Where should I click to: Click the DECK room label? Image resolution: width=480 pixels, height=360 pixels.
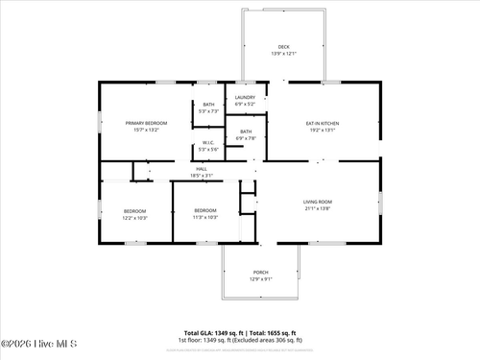283,47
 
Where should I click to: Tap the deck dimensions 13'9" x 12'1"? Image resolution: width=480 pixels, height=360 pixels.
283,55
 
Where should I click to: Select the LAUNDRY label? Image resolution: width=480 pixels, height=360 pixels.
246,98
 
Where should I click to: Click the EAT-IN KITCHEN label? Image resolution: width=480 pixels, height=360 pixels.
323,123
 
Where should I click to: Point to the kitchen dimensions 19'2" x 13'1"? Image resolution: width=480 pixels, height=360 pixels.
323,131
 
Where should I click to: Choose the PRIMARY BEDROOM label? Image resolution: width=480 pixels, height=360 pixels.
148,123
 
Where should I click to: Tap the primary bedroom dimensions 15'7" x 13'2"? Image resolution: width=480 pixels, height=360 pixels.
148,131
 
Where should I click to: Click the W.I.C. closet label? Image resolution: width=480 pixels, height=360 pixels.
208,143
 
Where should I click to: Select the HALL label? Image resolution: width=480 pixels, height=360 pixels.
202,169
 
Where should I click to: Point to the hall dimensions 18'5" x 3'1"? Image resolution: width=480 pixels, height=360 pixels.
202,176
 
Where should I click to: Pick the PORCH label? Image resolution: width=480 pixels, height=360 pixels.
261,272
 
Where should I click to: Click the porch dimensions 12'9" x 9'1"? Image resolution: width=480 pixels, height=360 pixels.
261,279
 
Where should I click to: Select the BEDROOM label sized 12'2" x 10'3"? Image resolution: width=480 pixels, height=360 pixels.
134,210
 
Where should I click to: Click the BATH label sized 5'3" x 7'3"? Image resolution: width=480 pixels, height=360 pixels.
208,105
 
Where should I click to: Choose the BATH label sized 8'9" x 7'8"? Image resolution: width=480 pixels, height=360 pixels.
246,132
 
